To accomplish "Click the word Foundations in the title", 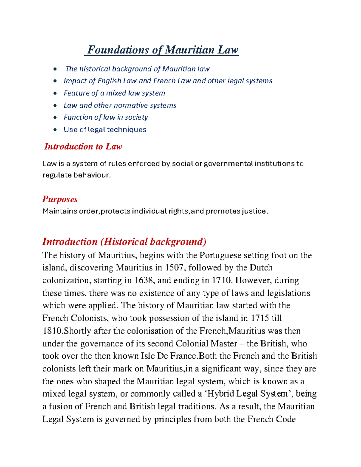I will pos(118,50).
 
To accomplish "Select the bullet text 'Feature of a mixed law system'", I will pos(114,93).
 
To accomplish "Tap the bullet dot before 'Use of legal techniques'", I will pos(55,130).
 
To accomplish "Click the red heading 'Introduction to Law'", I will pos(83,146).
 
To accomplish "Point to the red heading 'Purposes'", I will pos(60,199).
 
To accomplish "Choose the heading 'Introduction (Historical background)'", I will pos(124,241).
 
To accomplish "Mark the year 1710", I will pos(222,280).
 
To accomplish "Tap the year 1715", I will pos(260,318).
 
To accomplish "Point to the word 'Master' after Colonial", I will pos(224,343).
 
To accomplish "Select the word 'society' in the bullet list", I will pos(136,117).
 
